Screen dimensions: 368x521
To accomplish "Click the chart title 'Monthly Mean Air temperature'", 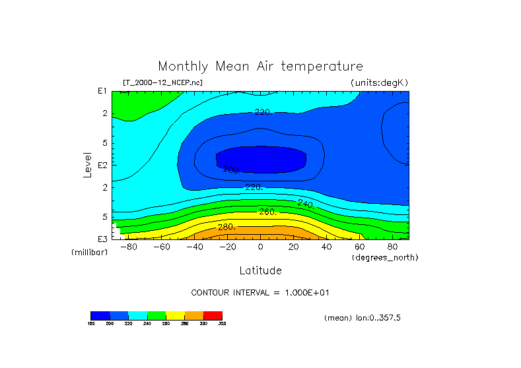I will click(x=260, y=67).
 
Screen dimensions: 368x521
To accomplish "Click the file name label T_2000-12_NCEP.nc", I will click(x=162, y=82).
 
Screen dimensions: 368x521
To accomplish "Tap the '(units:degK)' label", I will click(x=380, y=82).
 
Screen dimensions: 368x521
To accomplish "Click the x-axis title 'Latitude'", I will click(x=260, y=270).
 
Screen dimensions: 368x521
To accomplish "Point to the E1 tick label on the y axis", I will click(x=102, y=91).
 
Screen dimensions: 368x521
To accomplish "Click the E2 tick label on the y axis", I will click(x=102, y=165).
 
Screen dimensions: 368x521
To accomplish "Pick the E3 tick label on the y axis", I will click(x=102, y=239).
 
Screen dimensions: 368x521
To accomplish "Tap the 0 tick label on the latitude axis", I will click(x=260, y=247).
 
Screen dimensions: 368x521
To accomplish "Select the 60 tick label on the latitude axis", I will click(x=359, y=247).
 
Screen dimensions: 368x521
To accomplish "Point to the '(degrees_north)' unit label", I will click(x=385, y=257).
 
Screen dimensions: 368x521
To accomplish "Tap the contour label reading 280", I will click(x=227, y=228).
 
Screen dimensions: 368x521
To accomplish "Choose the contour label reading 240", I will click(x=305, y=204).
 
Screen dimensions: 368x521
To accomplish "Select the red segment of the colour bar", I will click(x=213, y=315).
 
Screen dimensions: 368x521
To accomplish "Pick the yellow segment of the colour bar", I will click(x=175, y=315).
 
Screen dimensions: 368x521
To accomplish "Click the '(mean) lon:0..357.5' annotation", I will click(x=363, y=318).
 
